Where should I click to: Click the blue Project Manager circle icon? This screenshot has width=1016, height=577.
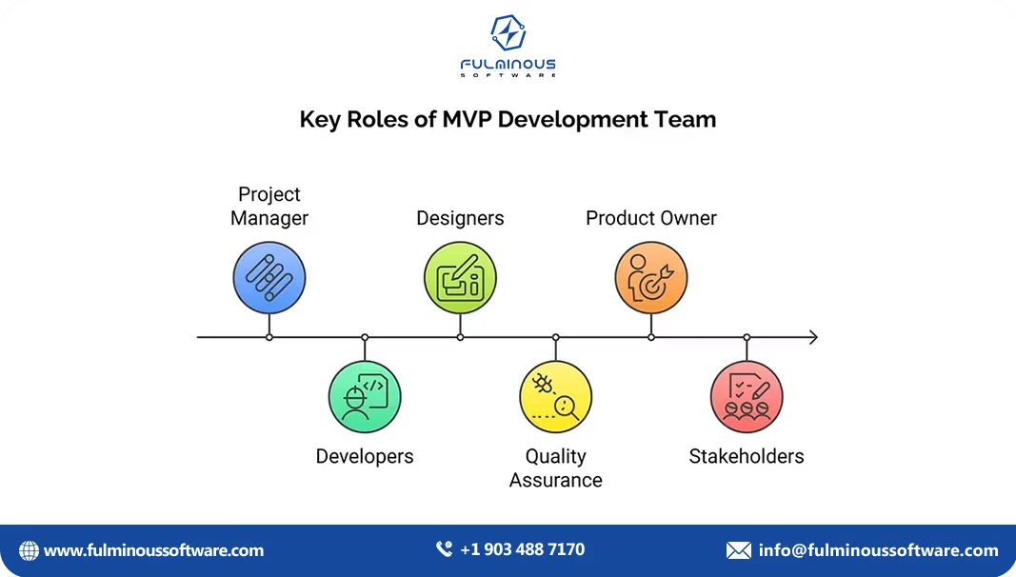[269, 278]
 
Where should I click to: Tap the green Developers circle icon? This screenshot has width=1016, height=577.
[365, 397]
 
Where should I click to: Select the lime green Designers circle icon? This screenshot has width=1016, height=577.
[460, 278]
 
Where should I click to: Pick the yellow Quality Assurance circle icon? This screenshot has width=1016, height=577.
[556, 397]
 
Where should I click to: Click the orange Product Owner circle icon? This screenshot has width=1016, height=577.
[651, 278]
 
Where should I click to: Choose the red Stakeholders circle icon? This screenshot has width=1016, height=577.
[747, 397]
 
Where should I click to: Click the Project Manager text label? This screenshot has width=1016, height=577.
[269, 206]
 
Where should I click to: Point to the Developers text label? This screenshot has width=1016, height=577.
[365, 456]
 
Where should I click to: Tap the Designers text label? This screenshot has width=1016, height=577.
[460, 218]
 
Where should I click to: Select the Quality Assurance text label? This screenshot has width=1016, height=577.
[556, 468]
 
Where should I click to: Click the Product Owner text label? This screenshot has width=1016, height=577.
[651, 218]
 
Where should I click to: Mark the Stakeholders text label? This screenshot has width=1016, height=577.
[747, 456]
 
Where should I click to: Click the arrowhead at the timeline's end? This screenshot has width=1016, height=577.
[812, 337]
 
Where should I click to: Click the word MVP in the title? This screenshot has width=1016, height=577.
[467, 119]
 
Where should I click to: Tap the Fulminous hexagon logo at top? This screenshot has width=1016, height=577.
[508, 34]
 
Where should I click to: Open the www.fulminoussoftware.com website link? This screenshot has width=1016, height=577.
[153, 550]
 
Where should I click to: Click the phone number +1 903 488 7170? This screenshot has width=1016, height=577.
[522, 549]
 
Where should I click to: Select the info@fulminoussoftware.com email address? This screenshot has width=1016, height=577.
[878, 550]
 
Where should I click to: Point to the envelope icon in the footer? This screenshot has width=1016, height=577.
[738, 550]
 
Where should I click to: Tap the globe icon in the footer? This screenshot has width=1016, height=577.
[29, 550]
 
